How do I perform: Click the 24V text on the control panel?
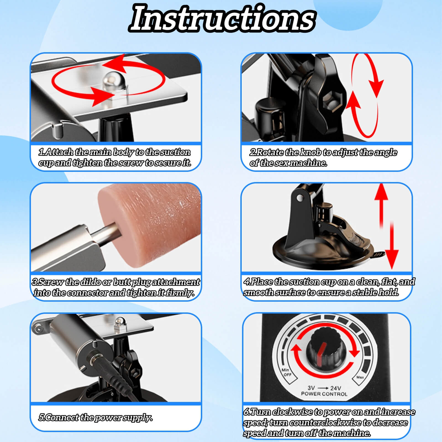(335, 388)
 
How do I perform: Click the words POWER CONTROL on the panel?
(324, 394)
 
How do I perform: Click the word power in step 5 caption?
(108, 417)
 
